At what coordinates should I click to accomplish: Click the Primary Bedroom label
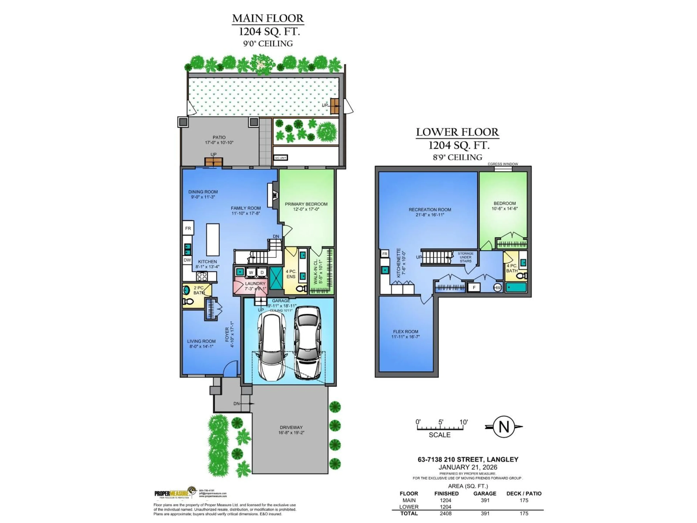click(x=306, y=204)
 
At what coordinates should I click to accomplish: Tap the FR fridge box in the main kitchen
click(x=188, y=228)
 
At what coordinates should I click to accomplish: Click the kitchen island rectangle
click(x=213, y=240)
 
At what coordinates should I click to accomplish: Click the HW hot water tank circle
click(x=497, y=287)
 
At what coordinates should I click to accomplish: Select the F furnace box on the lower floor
click(x=474, y=287)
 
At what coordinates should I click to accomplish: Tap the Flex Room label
click(x=405, y=332)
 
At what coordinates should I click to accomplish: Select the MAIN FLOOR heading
click(x=268, y=18)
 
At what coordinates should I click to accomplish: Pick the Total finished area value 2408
click(x=446, y=514)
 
